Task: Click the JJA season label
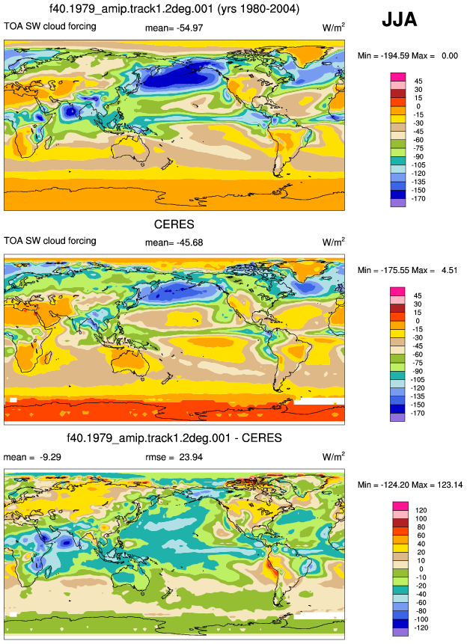399,19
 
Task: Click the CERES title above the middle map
174,224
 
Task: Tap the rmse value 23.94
191,457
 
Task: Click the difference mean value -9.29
50,457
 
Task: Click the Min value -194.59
395,56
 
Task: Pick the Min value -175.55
395,270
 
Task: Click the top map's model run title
174,9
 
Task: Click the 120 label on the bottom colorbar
421,510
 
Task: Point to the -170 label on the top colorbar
418,199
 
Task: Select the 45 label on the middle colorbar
418,295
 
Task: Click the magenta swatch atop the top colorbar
398,77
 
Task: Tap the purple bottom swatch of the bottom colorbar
400,632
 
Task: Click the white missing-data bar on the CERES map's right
319,401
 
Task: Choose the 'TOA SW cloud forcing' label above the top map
49,26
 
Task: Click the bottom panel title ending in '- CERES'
174,438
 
